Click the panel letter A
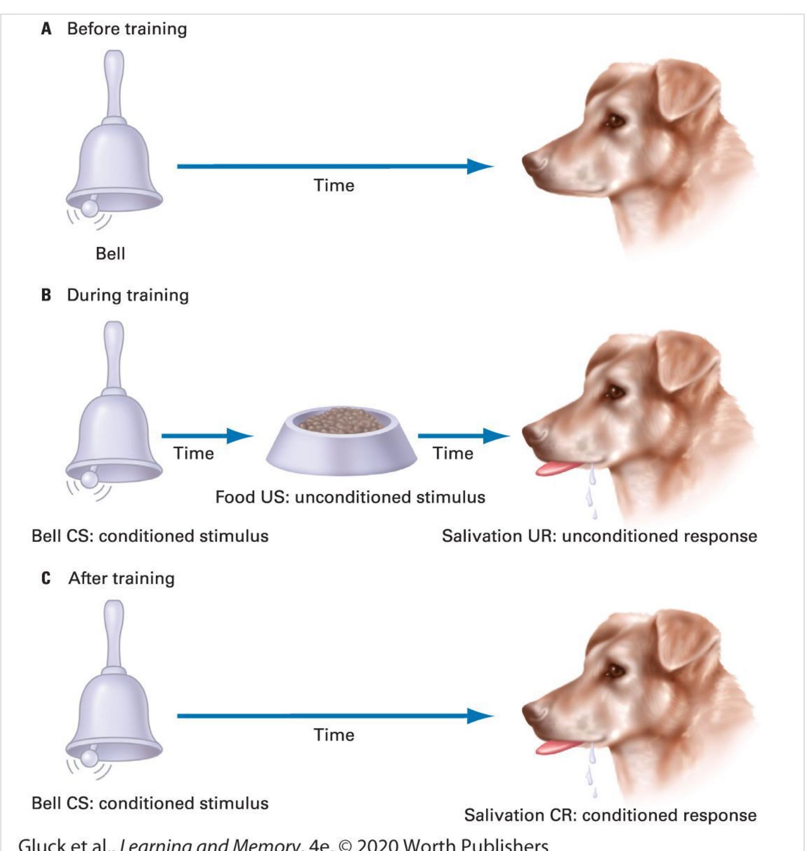click(46, 29)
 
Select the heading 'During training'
click(127, 295)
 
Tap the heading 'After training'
click(121, 578)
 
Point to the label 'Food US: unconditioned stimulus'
click(350, 497)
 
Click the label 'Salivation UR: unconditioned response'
click(599, 536)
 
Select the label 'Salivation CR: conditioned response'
click(610, 815)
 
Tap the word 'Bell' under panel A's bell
click(110, 254)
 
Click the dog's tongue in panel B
click(555, 469)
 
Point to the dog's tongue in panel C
click(555, 748)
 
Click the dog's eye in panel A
click(615, 120)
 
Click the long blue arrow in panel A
click(335, 166)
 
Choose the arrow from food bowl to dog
click(464, 436)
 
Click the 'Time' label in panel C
click(334, 735)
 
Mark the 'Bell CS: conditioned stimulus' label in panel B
click(150, 536)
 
